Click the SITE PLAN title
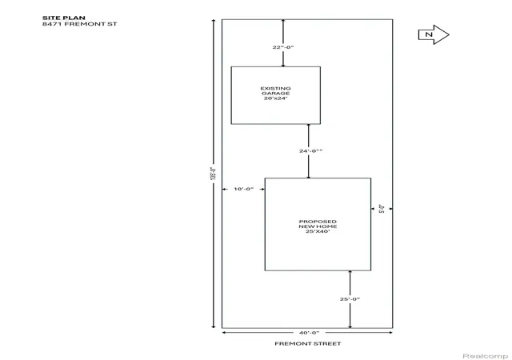coord(64,18)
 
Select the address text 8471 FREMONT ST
coord(80,24)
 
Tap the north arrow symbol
coord(434,34)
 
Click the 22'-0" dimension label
coord(283,47)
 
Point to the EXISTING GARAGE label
coord(275,91)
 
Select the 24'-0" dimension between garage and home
coord(311,151)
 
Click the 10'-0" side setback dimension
coord(243,189)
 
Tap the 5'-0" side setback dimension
coord(382,209)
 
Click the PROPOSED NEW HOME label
coord(318,224)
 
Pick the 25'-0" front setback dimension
coord(350,299)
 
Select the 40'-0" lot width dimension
coord(309,333)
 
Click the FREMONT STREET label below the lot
coord(307,344)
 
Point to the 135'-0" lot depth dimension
coord(214,174)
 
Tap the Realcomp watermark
coord(486,356)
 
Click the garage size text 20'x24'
coord(275,98)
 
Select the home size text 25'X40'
coord(318,231)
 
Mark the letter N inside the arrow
coord(429,34)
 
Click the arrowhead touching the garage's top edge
coord(283,65)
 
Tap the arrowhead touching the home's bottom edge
coord(350,272)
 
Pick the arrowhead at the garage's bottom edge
coord(309,126)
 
